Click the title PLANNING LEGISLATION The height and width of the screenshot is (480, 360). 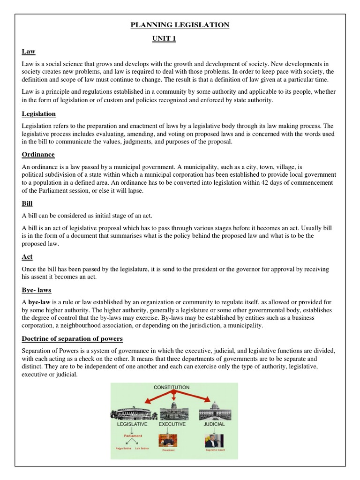pos(180,25)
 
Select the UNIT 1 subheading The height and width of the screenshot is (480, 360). pos(164,38)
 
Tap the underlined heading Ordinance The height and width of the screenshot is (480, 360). pos(38,154)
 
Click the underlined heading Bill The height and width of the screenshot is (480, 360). pos(27,204)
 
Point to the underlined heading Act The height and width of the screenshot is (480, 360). pos(27,257)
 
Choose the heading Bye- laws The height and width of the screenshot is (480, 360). pos(36,290)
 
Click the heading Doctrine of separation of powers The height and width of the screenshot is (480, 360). pos(72,338)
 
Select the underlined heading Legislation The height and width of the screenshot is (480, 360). pos(39,113)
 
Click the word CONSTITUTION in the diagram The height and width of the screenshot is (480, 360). pos(172,387)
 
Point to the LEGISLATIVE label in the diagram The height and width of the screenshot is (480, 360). pos(132,424)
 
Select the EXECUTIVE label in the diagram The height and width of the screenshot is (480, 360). pos(172,424)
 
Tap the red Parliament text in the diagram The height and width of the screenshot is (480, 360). pos(133,435)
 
